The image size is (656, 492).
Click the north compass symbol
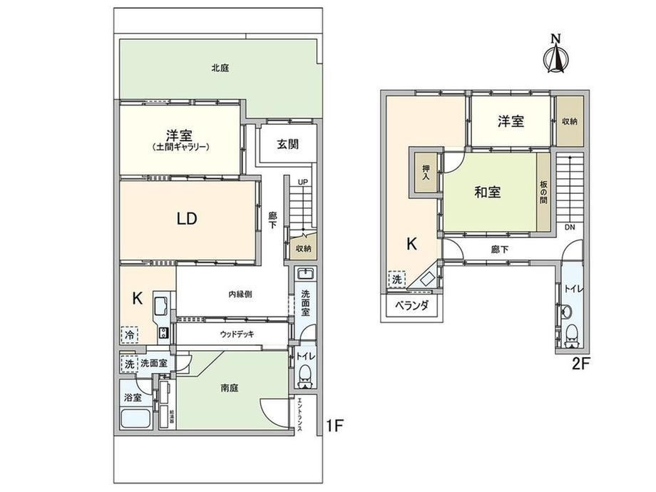pos(555,54)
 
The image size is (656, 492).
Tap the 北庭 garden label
pos(220,68)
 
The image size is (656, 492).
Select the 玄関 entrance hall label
pos(288,144)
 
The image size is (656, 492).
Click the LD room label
pos(187,218)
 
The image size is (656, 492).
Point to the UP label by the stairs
pos(303,183)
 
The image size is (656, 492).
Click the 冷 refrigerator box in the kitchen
pos(130,334)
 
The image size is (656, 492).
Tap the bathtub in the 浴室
pos(135,419)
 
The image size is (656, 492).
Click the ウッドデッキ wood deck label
pos(237,334)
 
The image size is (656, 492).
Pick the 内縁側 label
pos(240,294)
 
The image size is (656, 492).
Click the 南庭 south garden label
pos(230,388)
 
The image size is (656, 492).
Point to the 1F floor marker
pos(334,426)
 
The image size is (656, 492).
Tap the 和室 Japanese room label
pos(488,192)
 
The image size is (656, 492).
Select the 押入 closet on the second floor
pos(426,173)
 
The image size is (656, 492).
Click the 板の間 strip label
pos(543,192)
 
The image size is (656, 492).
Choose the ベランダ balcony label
pos(412,306)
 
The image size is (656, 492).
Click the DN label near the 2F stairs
pos(570,227)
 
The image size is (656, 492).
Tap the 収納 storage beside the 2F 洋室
pos(570,121)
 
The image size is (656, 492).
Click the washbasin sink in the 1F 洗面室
pos(305,274)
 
